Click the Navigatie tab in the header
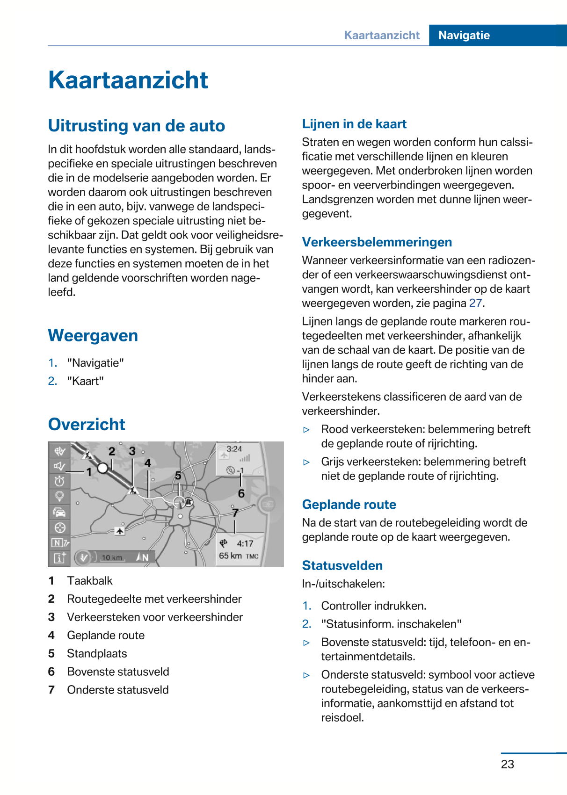(x=464, y=36)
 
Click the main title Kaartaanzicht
(x=128, y=80)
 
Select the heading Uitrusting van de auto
(x=136, y=126)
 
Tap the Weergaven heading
(x=93, y=336)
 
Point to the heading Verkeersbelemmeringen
(x=377, y=242)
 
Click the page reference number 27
(x=475, y=304)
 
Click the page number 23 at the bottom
(x=507, y=764)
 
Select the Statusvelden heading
(x=342, y=566)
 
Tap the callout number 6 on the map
(x=241, y=493)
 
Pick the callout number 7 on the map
(x=235, y=513)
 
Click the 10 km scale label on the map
(x=112, y=557)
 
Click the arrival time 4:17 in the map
(x=245, y=543)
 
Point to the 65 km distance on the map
(x=230, y=556)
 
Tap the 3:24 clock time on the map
(x=234, y=449)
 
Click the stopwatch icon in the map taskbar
(x=59, y=481)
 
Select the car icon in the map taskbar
(x=59, y=512)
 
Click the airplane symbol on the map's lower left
(x=120, y=531)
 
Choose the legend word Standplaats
(x=97, y=654)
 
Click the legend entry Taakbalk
(x=90, y=581)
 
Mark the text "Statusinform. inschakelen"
(x=391, y=624)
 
